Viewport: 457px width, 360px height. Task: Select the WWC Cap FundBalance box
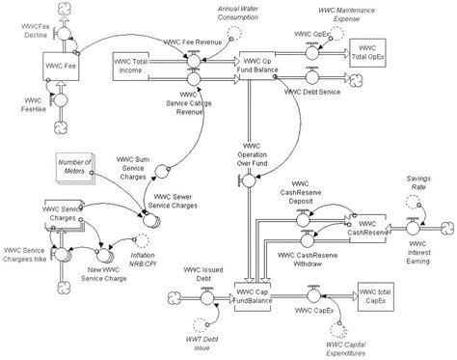255,294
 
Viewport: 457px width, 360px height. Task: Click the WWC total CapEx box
376,294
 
